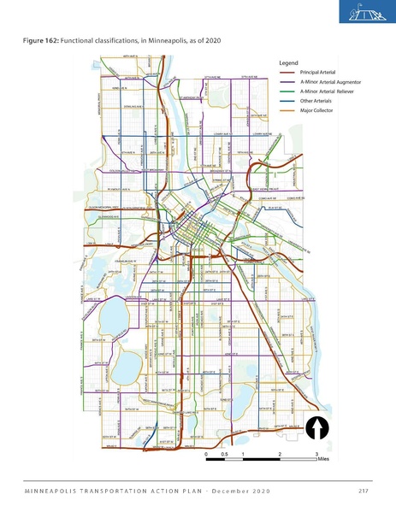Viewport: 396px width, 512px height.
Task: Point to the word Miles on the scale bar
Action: pyautogui.click(x=322, y=459)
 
